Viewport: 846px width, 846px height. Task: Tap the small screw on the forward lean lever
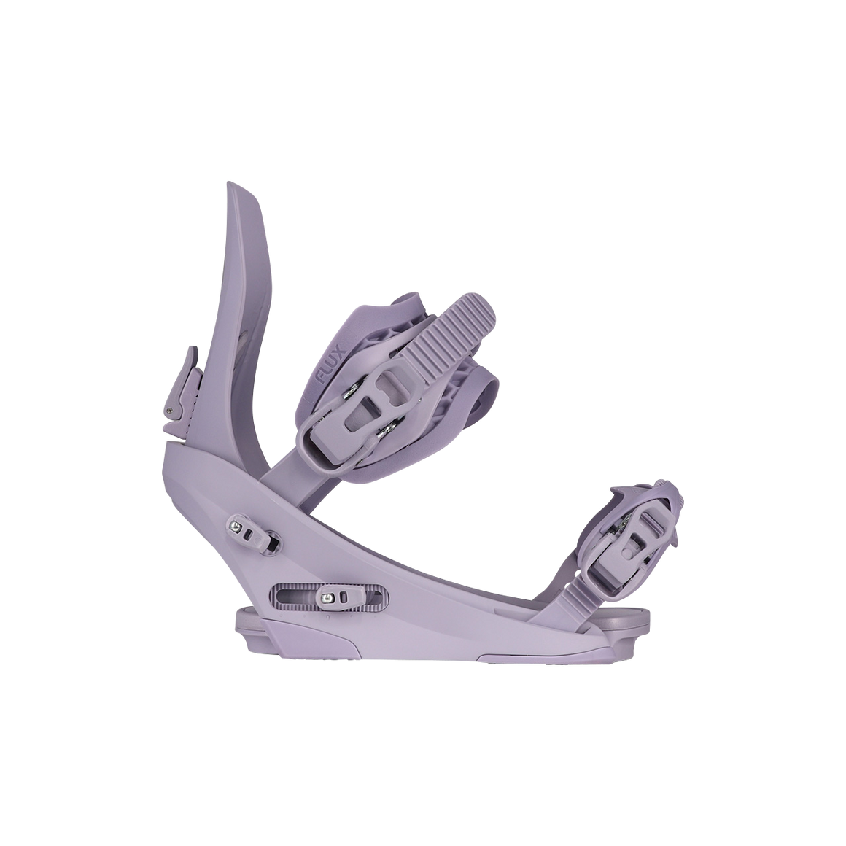[x=171, y=411]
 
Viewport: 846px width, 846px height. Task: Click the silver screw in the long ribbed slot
[x=327, y=597]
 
